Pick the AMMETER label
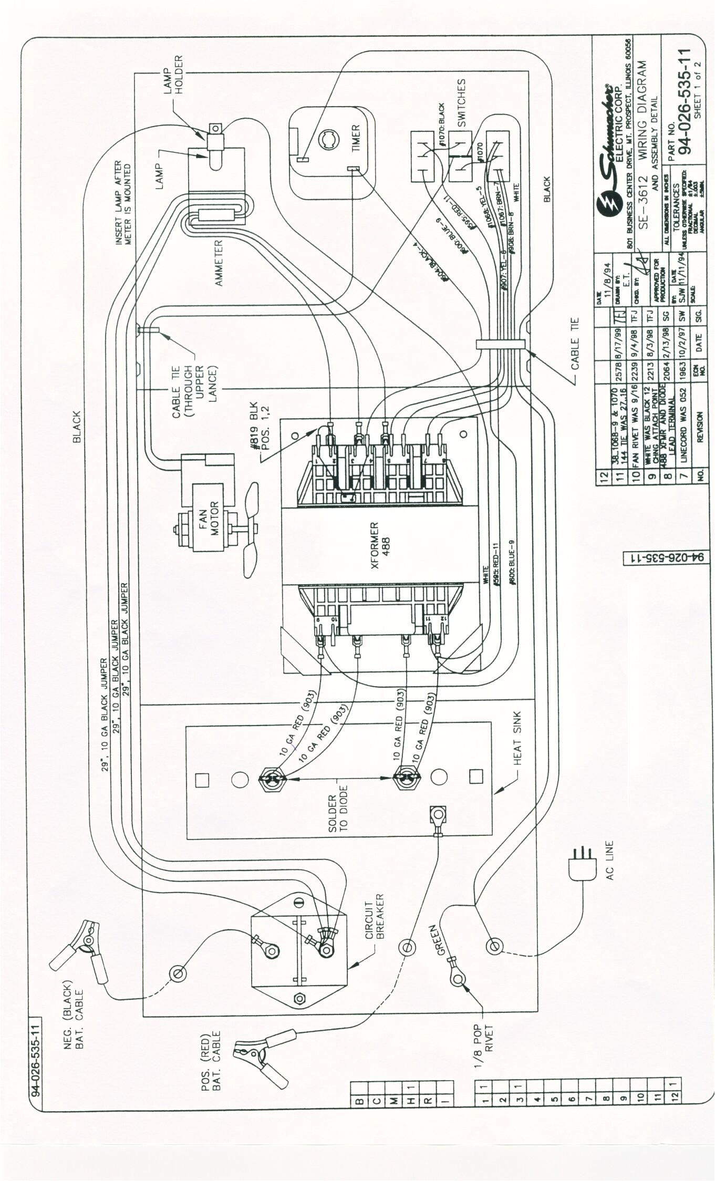pos(219,263)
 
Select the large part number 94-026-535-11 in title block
pos(684,101)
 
